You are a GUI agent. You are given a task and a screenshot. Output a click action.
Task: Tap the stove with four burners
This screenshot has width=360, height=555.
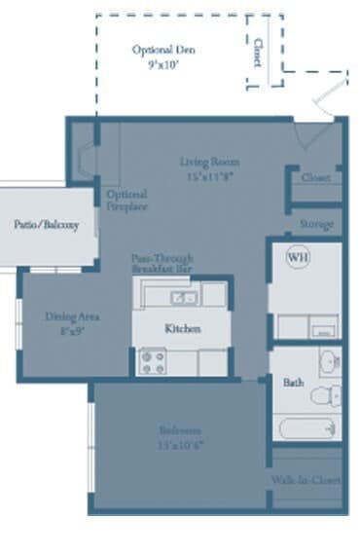153,362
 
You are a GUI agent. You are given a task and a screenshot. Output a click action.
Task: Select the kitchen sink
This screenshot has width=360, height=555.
182,297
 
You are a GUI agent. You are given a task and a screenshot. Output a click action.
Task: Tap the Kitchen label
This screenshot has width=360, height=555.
182,329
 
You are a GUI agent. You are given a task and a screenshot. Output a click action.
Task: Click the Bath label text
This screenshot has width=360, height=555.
293,383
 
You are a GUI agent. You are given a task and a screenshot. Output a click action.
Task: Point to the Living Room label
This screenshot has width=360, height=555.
209,162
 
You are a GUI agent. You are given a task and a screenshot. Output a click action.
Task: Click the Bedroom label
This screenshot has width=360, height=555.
182,429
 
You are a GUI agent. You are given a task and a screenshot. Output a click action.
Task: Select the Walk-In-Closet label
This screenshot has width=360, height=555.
306,480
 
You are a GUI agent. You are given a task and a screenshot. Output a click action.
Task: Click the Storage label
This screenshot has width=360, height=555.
316,224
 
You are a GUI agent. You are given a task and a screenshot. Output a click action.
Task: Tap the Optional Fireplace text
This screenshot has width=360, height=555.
126,201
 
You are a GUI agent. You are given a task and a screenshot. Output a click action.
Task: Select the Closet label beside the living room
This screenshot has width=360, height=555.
316,178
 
